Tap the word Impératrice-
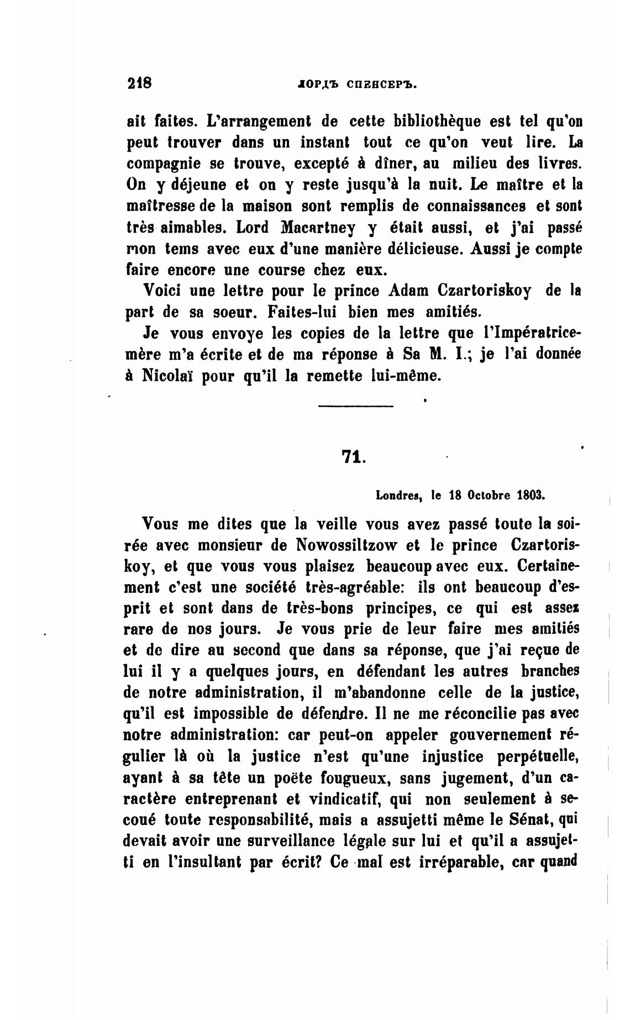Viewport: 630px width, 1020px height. pos(524,333)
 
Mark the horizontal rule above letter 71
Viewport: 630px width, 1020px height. pos(356,407)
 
